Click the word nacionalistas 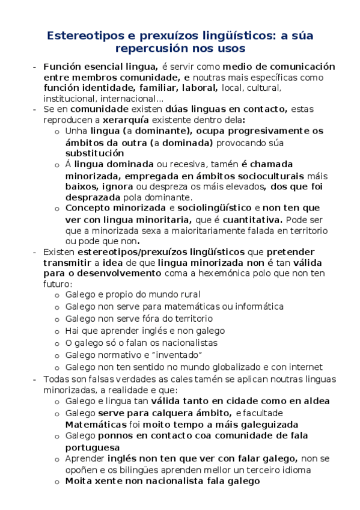184,342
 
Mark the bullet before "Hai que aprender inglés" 56,331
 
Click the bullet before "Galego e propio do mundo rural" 56,295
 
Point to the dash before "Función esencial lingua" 36,67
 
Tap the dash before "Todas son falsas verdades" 36,379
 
